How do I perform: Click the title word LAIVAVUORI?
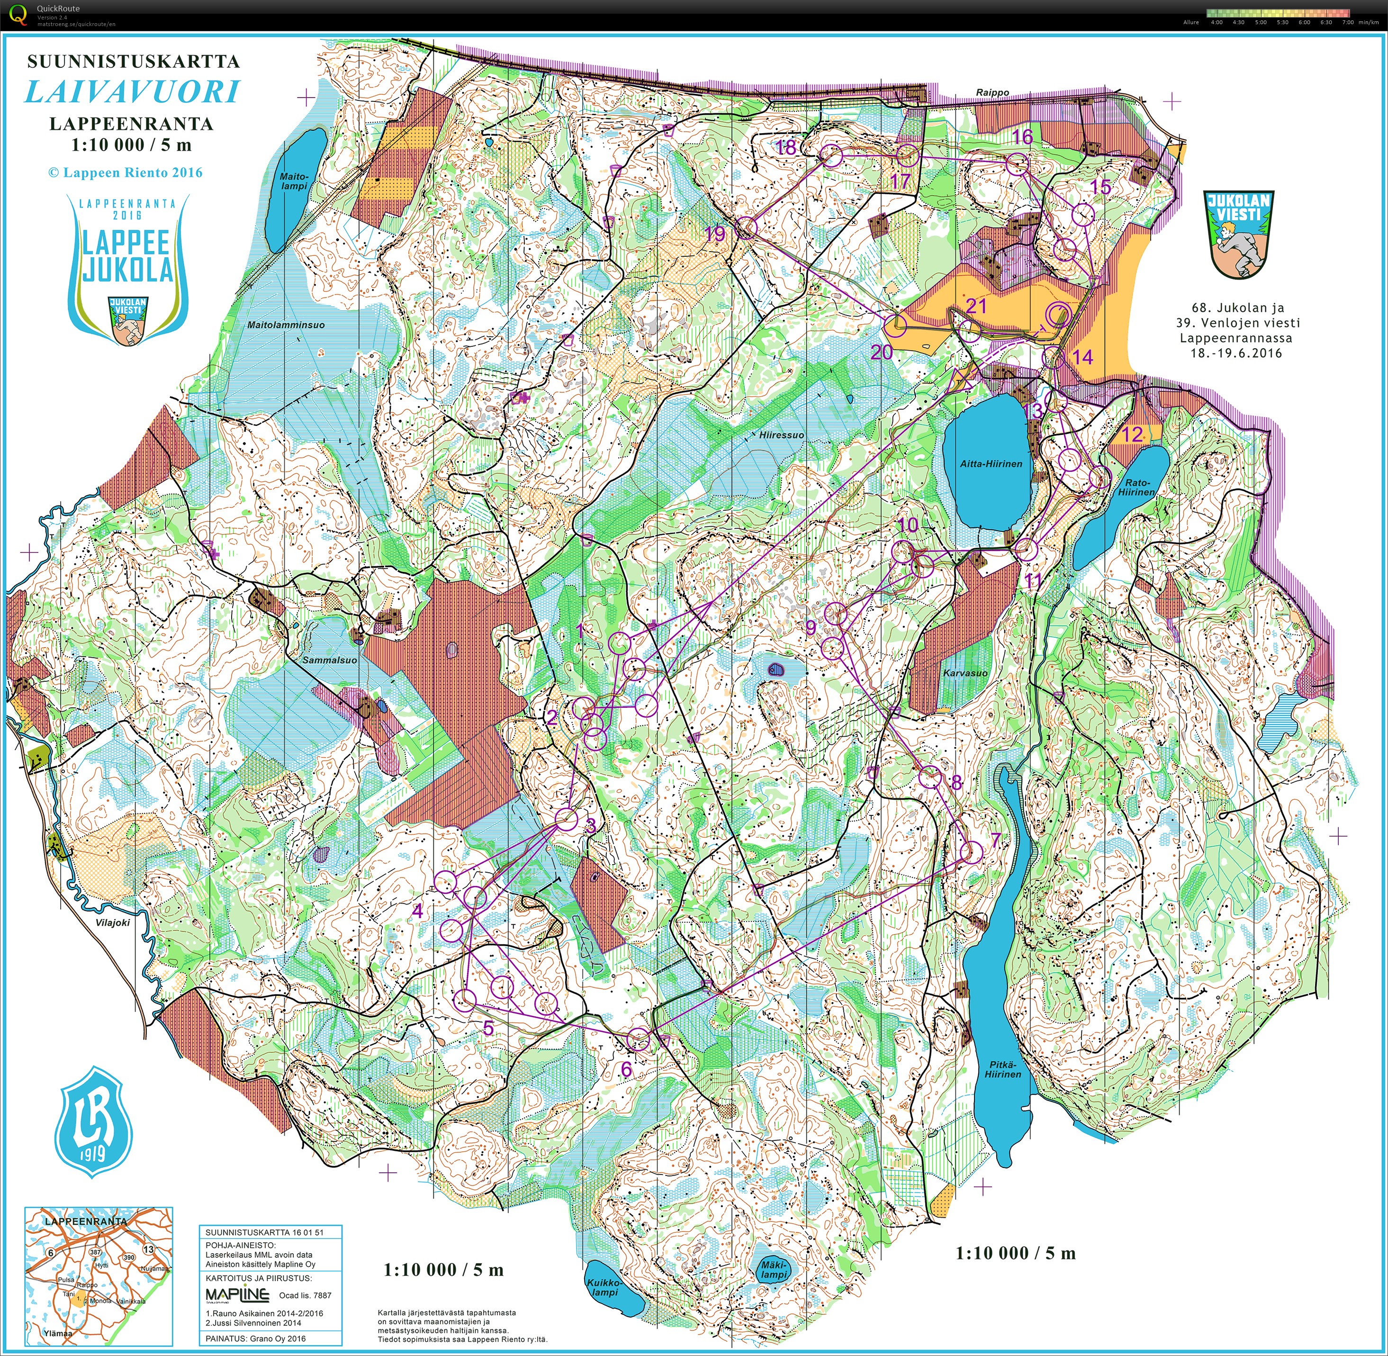(133, 92)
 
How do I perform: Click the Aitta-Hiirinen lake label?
(991, 464)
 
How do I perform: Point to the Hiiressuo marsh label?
(781, 434)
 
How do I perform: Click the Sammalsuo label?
(330, 660)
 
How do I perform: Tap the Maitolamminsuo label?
(286, 325)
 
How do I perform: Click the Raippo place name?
(992, 92)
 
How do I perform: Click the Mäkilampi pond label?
(774, 1269)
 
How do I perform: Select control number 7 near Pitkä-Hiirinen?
(995, 841)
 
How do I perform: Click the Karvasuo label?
(965, 673)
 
